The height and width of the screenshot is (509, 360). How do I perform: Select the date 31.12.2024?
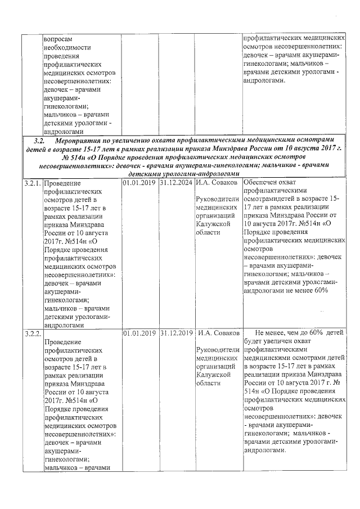point(176,183)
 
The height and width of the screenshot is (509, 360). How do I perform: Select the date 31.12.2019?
point(176,334)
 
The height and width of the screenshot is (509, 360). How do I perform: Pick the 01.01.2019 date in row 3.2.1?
point(139,183)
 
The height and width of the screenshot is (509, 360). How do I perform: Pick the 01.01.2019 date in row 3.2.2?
point(139,334)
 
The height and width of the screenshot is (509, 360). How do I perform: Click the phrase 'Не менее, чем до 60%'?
point(288,334)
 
